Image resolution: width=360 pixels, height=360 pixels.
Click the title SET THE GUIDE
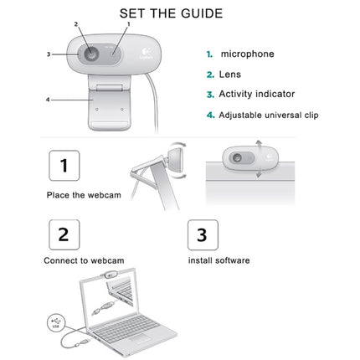[171, 13]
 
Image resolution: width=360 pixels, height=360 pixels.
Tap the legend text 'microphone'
[247, 54]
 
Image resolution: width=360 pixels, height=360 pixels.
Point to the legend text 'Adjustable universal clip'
[268, 115]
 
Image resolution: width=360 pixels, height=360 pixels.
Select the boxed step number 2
[64, 233]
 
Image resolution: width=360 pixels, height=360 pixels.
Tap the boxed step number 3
[201, 233]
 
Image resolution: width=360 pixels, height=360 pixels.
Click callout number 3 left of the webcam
[49, 54]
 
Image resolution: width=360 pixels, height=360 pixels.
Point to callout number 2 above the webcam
[75, 25]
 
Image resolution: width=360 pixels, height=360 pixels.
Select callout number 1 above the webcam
[128, 25]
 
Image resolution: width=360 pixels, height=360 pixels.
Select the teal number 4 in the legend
[210, 115]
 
